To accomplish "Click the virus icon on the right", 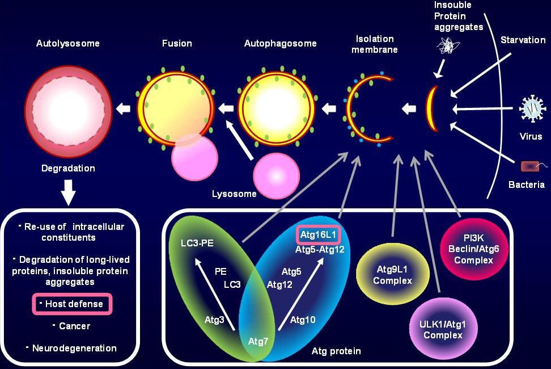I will (532, 108).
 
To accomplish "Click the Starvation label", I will (523, 40).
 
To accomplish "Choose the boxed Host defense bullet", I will (72, 304).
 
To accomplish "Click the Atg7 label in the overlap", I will (258, 341).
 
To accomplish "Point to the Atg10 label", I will (303, 320).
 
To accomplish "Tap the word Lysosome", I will (234, 194).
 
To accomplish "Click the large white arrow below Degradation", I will (68, 193).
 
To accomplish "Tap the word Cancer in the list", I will (75, 326).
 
